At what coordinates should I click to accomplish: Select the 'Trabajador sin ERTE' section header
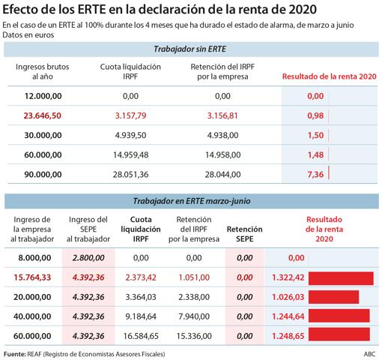pyautogui.click(x=190, y=49)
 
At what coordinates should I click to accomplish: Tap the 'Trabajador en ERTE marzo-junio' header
pyautogui.click(x=190, y=202)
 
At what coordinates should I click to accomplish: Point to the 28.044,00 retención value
pyautogui.click(x=222, y=174)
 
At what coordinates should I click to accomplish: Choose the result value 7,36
pyautogui.click(x=315, y=174)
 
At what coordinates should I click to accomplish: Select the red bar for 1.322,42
pyautogui.click(x=341, y=277)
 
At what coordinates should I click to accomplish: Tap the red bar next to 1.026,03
pyautogui.click(x=333, y=297)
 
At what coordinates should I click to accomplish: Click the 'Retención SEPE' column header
pyautogui.click(x=244, y=232)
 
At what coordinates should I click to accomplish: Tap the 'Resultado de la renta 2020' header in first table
pyautogui.click(x=328, y=76)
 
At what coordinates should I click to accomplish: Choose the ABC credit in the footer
pyautogui.click(x=367, y=353)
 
